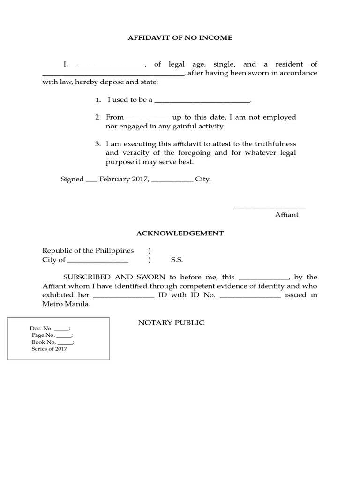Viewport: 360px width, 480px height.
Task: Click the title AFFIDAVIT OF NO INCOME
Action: click(x=180, y=37)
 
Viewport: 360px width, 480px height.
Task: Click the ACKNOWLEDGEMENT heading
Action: click(x=180, y=233)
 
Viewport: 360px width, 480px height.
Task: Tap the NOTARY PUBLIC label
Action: click(x=171, y=323)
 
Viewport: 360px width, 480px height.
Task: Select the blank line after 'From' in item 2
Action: click(x=148, y=118)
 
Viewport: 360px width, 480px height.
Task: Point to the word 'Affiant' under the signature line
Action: click(x=286, y=215)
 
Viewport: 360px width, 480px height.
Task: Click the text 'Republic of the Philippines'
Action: click(x=88, y=251)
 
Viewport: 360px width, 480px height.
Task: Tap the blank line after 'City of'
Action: click(x=97, y=261)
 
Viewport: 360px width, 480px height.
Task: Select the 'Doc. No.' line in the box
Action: click(x=50, y=329)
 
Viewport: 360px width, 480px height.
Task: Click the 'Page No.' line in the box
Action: click(x=52, y=335)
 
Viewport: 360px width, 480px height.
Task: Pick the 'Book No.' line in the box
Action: click(x=52, y=342)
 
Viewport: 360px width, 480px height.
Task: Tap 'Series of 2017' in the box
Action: click(x=49, y=349)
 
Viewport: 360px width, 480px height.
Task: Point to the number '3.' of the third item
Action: click(x=98, y=144)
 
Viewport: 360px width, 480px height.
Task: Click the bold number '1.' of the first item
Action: click(x=98, y=100)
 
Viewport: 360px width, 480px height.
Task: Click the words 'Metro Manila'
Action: click(x=66, y=304)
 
